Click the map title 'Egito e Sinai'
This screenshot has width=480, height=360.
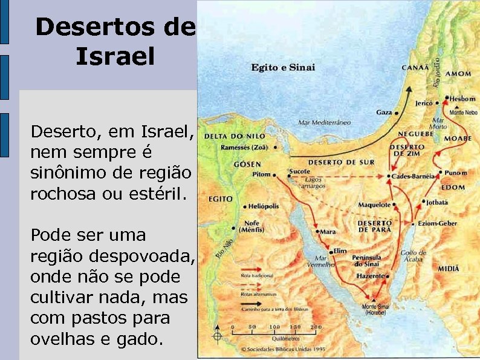coord(283,67)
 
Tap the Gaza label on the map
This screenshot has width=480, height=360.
coord(383,112)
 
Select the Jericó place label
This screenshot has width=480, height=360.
coord(423,103)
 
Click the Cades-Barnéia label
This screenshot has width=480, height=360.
coord(414,176)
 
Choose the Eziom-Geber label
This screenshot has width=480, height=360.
coord(440,223)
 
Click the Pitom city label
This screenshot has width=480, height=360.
coord(261,175)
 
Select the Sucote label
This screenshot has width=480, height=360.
coord(299,172)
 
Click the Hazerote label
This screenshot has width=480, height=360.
coord(369,275)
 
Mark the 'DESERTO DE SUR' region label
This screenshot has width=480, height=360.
coord(341,162)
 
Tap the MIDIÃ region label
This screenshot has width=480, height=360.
coord(447,267)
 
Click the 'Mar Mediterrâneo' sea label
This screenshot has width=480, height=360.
coord(324,122)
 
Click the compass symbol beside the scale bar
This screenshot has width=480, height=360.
coord(217,336)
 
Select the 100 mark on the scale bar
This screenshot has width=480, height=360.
coord(274,327)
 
